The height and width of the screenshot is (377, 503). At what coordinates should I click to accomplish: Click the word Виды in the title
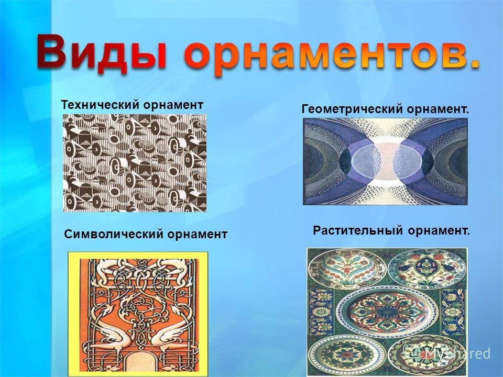tap(101, 52)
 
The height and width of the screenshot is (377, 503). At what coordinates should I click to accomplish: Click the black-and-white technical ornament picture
tap(135, 163)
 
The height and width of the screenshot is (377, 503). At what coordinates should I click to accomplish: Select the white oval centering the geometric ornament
tap(385, 160)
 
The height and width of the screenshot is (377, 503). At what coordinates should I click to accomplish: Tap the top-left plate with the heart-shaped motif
tap(347, 268)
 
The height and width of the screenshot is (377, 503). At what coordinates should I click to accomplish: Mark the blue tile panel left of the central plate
tap(321, 311)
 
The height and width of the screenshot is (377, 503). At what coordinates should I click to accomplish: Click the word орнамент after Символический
tap(197, 234)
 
